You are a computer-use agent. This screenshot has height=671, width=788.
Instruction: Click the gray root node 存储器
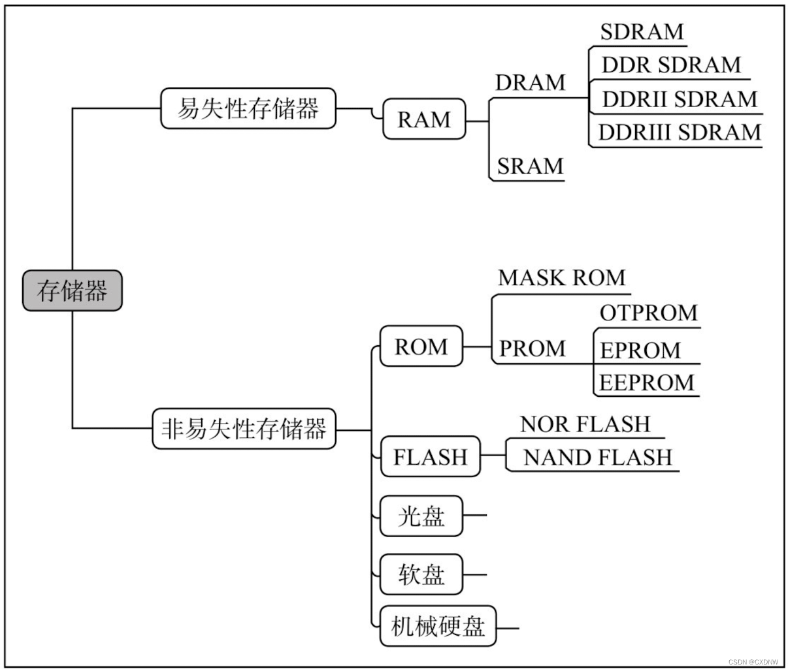72,290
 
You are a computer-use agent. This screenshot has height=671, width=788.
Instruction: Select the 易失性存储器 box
248,108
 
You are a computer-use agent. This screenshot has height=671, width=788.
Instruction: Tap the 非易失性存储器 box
244,429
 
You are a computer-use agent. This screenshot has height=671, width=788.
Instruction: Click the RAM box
424,119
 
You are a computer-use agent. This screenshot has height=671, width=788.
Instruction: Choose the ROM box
421,347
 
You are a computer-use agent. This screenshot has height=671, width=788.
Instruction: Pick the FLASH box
430,457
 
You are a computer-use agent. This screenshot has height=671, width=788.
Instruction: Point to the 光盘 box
421,516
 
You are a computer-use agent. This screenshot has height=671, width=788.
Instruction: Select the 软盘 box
421,574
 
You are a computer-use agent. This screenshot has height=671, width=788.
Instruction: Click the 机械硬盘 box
438,627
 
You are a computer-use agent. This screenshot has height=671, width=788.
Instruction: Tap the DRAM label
530,83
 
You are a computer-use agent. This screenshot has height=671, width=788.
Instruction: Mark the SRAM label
530,166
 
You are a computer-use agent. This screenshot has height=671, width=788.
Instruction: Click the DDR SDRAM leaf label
671,65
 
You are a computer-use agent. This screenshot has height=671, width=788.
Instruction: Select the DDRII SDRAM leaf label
679,99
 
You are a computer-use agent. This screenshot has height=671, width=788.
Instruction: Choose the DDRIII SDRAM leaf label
680,133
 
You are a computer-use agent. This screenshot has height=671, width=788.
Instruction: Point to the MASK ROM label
561,278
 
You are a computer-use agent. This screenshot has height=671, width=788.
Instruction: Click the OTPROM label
648,313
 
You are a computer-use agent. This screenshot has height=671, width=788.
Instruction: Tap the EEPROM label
646,382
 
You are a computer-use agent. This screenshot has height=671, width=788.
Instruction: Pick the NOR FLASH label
585,424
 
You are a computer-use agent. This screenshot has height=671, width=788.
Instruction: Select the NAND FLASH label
597,457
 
